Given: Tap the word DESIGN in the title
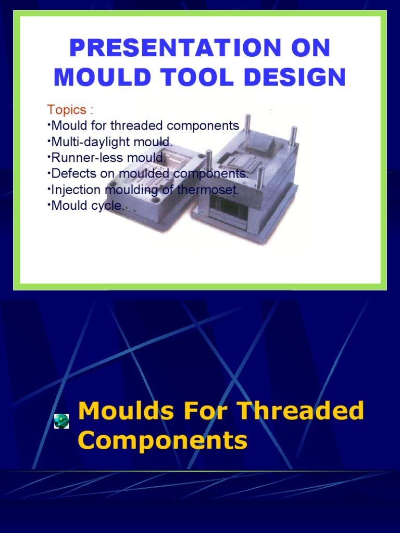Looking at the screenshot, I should pyautogui.click(x=297, y=78).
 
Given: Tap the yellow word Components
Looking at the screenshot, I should pyautogui.click(x=162, y=440).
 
